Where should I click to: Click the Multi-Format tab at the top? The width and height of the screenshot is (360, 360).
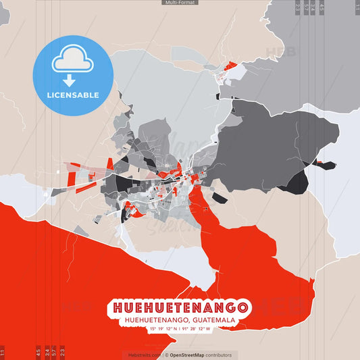click(180, 3)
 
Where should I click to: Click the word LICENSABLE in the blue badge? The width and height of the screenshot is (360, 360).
click(72, 95)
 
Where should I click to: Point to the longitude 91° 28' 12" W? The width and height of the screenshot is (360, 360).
click(196, 330)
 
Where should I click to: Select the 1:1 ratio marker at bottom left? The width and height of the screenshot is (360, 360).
click(3, 353)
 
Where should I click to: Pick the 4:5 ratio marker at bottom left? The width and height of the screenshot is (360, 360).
click(38, 353)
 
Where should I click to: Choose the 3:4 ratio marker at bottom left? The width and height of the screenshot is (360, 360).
click(47, 353)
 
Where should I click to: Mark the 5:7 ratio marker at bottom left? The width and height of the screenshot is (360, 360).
click(54, 353)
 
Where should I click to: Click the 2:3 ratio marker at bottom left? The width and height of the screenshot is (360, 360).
click(63, 353)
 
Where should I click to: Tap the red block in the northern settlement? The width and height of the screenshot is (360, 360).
click(232, 67)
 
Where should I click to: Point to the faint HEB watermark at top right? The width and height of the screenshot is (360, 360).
click(276, 50)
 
